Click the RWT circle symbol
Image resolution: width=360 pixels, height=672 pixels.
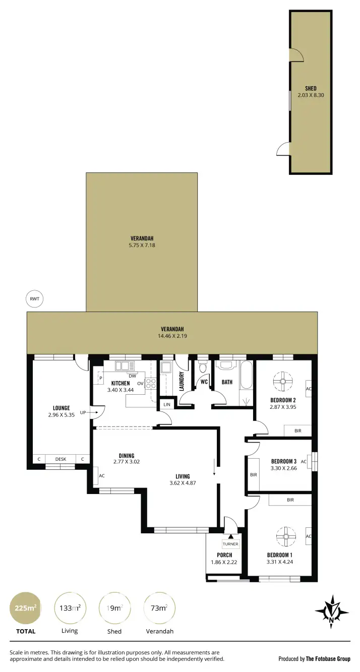35,299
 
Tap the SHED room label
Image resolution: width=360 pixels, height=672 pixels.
311,89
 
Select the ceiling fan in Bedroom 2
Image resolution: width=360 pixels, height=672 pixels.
283,382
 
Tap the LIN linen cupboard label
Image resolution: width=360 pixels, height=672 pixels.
167,404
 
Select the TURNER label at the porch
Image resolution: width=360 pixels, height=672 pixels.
230,544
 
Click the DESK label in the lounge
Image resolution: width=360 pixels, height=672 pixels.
61,459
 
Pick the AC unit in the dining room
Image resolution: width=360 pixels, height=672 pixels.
96,475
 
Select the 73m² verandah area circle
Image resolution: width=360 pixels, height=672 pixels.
159,608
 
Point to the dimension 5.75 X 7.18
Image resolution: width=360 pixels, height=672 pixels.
141,246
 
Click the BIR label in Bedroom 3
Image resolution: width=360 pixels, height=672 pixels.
253,474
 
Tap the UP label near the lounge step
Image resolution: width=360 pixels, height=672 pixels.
82,412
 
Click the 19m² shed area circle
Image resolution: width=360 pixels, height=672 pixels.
115,608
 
